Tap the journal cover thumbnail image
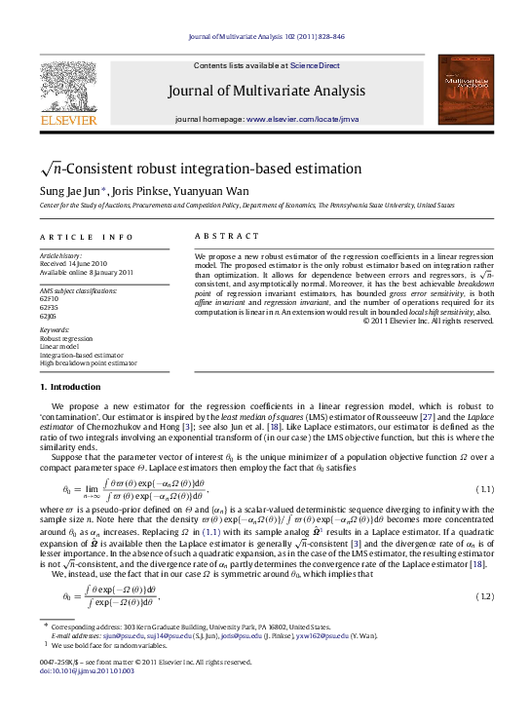pos(465,91)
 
